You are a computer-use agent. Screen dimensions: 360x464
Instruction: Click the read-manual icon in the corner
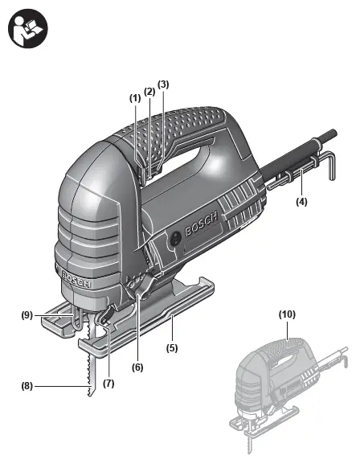tap(28, 28)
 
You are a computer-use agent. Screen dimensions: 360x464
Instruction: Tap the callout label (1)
tap(135, 98)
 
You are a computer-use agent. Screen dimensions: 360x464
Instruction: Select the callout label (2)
tap(149, 92)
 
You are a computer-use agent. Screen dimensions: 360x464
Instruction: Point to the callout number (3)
tap(163, 84)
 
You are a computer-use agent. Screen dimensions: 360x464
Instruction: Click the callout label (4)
tap(301, 202)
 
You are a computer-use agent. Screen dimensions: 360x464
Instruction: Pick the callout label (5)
tap(172, 348)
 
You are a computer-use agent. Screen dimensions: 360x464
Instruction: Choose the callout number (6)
tap(137, 368)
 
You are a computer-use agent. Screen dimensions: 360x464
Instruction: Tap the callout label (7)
tap(108, 384)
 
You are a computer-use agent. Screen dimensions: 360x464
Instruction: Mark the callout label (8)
tap(27, 386)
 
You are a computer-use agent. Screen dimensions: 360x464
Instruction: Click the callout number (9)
tap(27, 315)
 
